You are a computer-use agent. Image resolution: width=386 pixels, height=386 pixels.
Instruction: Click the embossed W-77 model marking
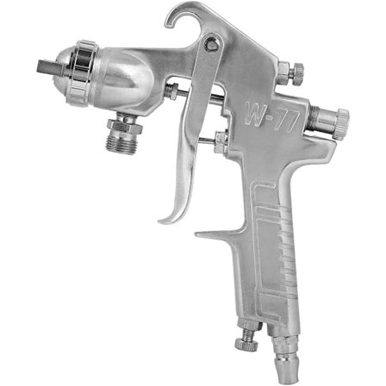pos(272,118)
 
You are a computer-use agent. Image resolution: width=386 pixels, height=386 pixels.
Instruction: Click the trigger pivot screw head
pos(212,43)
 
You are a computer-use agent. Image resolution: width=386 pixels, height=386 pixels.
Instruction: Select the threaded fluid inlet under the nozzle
pos(121,143)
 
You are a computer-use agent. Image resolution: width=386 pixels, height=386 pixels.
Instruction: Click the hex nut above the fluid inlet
pos(124,125)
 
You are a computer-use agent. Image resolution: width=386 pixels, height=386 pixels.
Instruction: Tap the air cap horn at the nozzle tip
pos(50,67)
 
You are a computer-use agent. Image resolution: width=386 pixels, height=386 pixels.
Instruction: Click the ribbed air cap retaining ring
pos(81,73)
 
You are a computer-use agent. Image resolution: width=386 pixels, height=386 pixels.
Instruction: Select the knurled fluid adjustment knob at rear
pos(342,122)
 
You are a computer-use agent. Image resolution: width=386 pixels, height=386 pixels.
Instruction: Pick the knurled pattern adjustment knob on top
pos(298,73)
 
